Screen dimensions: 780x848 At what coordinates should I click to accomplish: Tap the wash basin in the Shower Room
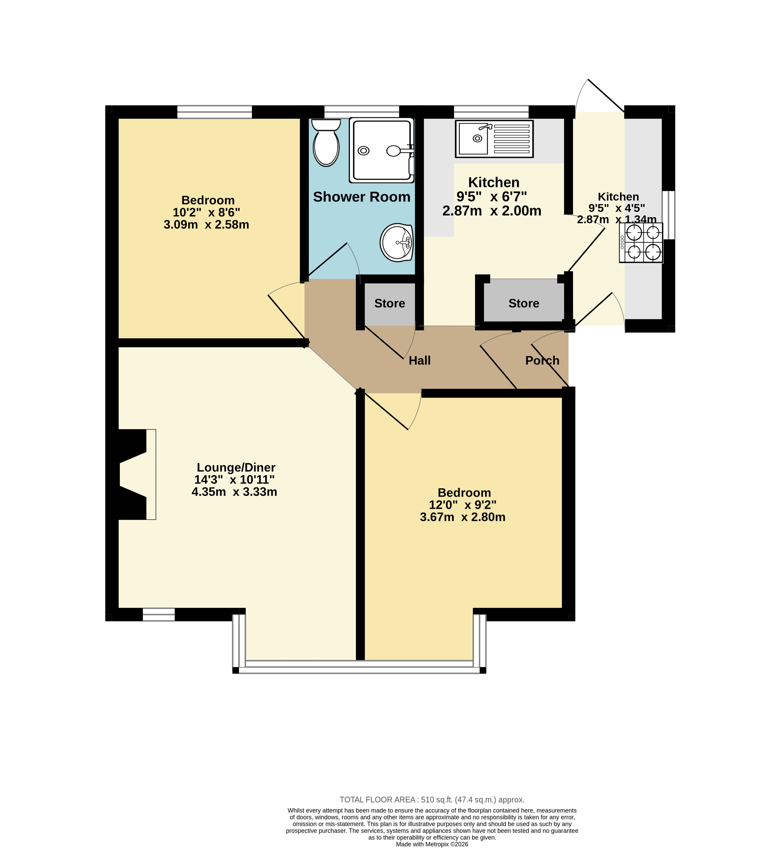click(x=397, y=242)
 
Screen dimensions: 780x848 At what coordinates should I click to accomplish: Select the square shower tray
click(x=381, y=150)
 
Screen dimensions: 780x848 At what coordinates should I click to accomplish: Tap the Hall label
click(x=420, y=360)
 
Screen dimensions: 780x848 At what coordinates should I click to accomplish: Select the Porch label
click(x=542, y=360)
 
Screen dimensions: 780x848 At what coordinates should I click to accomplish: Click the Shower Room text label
click(x=362, y=197)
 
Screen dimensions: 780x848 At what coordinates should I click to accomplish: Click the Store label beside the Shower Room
click(x=390, y=303)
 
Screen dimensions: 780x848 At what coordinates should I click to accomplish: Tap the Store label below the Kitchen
click(x=524, y=303)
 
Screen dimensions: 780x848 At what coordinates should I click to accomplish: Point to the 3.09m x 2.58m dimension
click(x=206, y=225)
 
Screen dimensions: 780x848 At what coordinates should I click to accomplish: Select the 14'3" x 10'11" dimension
click(x=234, y=479)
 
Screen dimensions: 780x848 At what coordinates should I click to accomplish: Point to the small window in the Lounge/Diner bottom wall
click(x=159, y=615)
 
